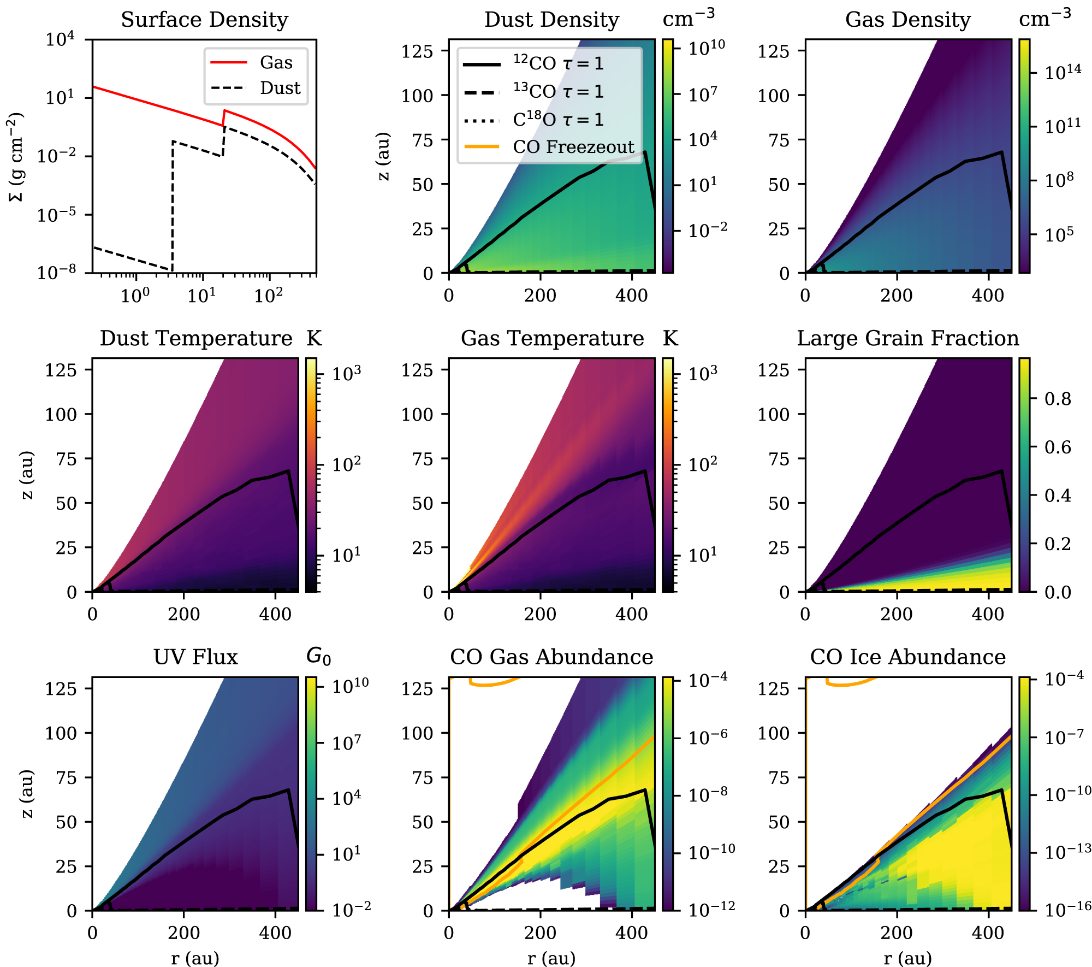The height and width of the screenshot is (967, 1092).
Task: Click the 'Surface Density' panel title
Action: pyautogui.click(x=204, y=20)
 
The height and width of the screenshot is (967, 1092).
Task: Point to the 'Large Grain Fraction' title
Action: pyautogui.click(x=907, y=338)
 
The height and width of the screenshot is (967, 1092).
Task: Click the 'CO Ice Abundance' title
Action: pyautogui.click(x=907, y=657)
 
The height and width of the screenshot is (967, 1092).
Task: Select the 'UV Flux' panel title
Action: pyautogui.click(x=195, y=657)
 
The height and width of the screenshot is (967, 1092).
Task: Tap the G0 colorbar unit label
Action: pyautogui.click(x=318, y=656)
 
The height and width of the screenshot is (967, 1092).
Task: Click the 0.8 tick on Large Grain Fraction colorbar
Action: pyautogui.click(x=1058, y=399)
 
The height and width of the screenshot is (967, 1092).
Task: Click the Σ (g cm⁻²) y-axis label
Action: pyautogui.click(x=16, y=156)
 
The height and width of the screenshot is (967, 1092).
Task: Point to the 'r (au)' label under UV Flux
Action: pyautogui.click(x=195, y=958)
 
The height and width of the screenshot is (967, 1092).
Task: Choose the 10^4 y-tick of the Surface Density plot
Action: pyautogui.click(x=60, y=39)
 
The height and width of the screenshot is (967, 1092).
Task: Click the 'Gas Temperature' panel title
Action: pyautogui.click(x=552, y=338)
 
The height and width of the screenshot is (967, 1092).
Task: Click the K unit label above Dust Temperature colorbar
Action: pyautogui.click(x=314, y=338)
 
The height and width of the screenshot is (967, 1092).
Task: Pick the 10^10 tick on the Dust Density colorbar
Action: pyautogui.click(x=706, y=48)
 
